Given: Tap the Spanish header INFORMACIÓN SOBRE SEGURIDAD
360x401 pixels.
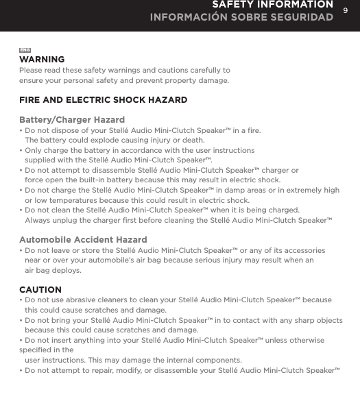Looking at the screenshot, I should click(242, 16).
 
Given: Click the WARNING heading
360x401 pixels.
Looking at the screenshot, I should click(42, 60).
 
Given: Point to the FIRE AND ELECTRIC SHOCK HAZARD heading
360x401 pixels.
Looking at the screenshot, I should click(103, 100).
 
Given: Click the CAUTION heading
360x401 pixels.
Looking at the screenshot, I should click(40, 290).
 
